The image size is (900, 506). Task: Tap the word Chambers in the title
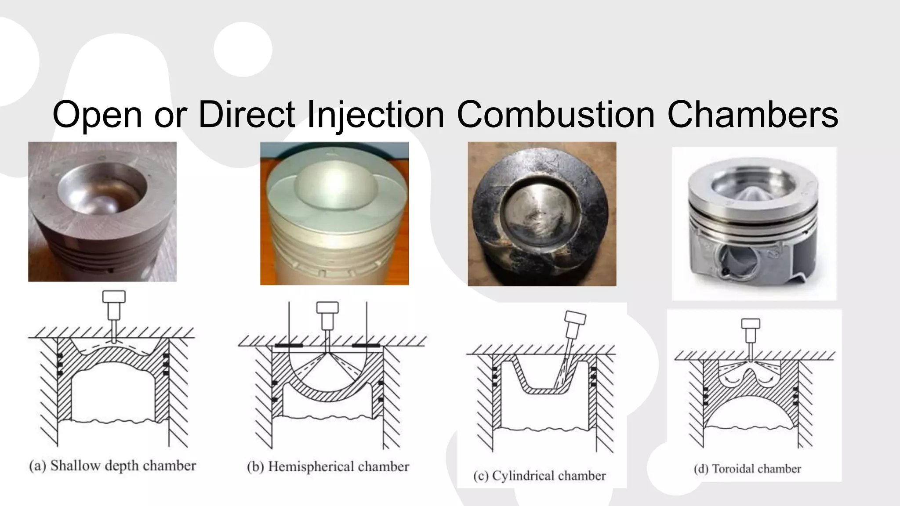click(752, 115)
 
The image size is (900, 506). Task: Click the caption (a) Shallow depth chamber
click(112, 466)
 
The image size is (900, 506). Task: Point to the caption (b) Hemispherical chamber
click(328, 466)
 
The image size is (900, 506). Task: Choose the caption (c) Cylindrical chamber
click(540, 476)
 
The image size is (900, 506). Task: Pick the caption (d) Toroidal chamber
click(748, 469)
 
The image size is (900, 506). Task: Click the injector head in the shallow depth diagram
click(114, 297)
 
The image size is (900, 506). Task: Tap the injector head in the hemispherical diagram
click(327, 307)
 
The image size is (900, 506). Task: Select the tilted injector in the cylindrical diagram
click(574, 318)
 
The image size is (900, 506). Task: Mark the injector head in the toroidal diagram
click(751, 324)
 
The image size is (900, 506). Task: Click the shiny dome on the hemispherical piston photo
click(335, 182)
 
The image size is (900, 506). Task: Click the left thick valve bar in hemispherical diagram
click(289, 346)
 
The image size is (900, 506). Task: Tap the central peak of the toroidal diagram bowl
click(751, 370)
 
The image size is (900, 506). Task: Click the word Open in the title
click(97, 115)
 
